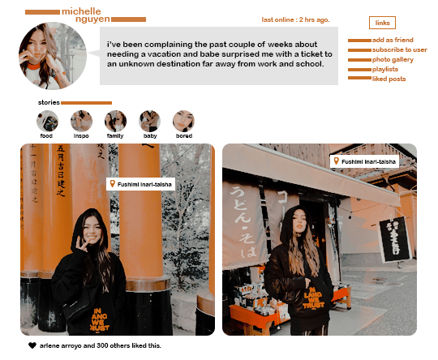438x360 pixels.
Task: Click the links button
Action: point(381,23)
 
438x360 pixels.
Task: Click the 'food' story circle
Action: point(47,122)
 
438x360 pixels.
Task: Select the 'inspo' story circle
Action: point(81,122)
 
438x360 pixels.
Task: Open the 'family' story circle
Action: point(115,122)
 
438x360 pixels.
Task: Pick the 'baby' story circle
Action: point(149,122)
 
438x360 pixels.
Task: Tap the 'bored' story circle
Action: point(183,122)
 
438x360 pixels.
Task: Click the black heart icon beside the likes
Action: point(32,345)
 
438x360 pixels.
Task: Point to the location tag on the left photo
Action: point(141,185)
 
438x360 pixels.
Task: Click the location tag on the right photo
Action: point(364,162)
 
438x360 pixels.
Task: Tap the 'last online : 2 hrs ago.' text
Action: point(295,19)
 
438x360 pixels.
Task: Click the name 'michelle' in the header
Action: point(81,11)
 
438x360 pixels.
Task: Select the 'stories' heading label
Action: point(49,103)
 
